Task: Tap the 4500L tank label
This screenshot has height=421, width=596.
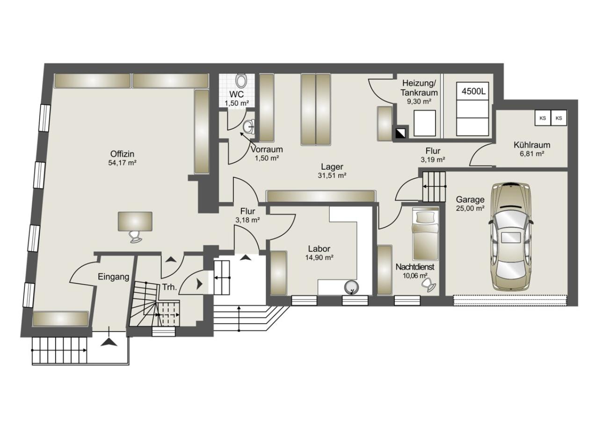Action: pyautogui.click(x=473, y=92)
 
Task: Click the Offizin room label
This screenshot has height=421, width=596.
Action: pyautogui.click(x=123, y=154)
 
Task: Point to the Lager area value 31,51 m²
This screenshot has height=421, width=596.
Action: pyautogui.click(x=332, y=175)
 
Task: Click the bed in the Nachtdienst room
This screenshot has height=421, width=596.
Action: pyautogui.click(x=425, y=234)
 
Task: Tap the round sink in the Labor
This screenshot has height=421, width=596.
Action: pyautogui.click(x=351, y=287)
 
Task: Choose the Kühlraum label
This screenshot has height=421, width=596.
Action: pyautogui.click(x=532, y=145)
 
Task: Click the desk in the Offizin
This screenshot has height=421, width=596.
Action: pyautogui.click(x=135, y=221)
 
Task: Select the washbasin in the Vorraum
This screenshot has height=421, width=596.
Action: pyautogui.click(x=249, y=127)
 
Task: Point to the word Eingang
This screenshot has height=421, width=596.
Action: pyautogui.click(x=114, y=277)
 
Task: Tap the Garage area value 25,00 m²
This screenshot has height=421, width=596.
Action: pyautogui.click(x=470, y=208)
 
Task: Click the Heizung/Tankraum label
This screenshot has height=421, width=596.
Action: pyautogui.click(x=419, y=88)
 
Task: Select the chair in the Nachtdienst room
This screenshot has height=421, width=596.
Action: pyautogui.click(x=429, y=285)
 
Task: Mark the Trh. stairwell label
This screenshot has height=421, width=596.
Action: pyautogui.click(x=170, y=287)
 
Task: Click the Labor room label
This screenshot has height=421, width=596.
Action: pyautogui.click(x=319, y=249)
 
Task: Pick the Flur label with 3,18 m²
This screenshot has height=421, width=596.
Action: pyautogui.click(x=248, y=216)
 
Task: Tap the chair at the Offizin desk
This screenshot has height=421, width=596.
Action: pyautogui.click(x=136, y=236)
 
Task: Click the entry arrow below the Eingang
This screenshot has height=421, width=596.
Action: pyautogui.click(x=109, y=342)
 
